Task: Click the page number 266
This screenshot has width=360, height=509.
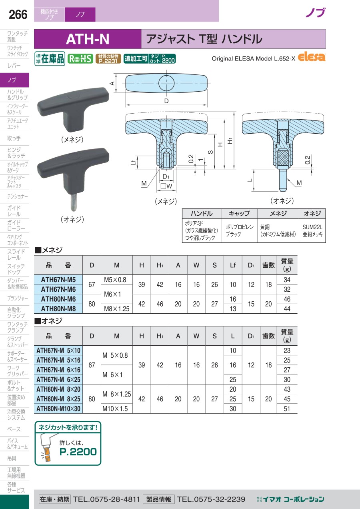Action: coord(18,15)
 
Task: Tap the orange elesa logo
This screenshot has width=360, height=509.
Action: coord(312,57)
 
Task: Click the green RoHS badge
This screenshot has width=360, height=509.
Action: coord(80,59)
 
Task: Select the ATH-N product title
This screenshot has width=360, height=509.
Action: coord(88,39)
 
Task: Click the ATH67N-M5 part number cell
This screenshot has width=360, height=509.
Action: coord(58,280)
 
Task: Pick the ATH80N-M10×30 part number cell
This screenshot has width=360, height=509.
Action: coord(58,409)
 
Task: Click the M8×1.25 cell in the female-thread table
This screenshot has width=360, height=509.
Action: coord(116,309)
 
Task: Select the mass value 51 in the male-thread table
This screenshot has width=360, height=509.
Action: coord(287,409)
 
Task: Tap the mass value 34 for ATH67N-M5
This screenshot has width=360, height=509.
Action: coord(287,280)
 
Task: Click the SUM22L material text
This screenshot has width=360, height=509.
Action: coord(312,227)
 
